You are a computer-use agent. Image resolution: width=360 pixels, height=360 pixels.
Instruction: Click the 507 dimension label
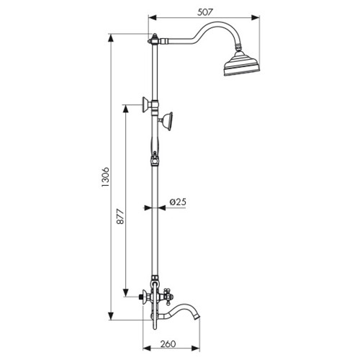click(205, 12)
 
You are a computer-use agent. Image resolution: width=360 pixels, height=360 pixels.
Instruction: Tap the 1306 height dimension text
click(106, 177)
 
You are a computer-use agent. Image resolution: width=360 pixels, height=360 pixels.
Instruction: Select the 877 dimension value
click(120, 217)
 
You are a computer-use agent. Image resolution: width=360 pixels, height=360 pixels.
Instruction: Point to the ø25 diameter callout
click(178, 202)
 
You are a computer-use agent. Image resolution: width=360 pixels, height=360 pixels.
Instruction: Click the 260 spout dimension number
click(168, 344)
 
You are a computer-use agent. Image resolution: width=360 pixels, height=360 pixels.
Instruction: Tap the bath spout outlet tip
click(197, 318)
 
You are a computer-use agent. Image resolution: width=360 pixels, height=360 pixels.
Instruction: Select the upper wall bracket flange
click(145, 105)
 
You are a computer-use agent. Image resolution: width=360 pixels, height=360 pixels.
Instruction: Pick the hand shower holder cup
click(168, 122)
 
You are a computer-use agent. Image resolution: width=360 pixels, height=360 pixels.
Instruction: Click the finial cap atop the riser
click(155, 36)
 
